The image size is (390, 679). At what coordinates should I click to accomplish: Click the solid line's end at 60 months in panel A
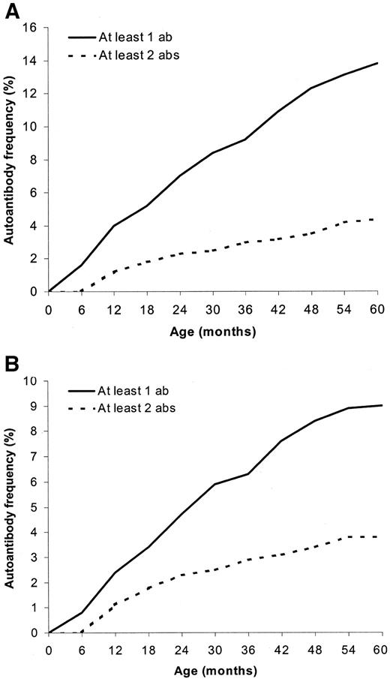coord(377,63)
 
